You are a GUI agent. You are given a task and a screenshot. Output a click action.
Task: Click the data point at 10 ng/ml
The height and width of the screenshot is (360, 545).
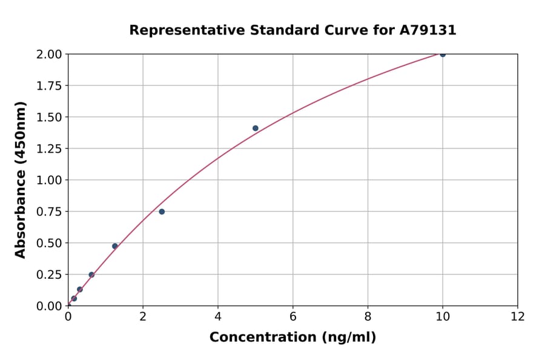(x=443, y=55)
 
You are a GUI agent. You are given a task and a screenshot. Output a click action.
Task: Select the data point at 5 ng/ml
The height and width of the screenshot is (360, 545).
(x=256, y=128)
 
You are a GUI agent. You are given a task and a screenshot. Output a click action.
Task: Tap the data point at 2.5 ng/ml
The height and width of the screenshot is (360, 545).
(x=162, y=212)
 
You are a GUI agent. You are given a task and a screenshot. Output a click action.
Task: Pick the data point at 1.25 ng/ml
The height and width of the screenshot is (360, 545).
(x=115, y=246)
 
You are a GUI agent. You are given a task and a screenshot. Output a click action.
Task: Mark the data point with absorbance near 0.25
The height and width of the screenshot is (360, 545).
(x=91, y=275)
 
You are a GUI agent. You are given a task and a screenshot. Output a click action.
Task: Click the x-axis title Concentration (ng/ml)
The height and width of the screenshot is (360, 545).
(x=292, y=337)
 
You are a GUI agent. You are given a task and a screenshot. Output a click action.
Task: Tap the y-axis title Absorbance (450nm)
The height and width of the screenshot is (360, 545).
(x=21, y=180)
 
